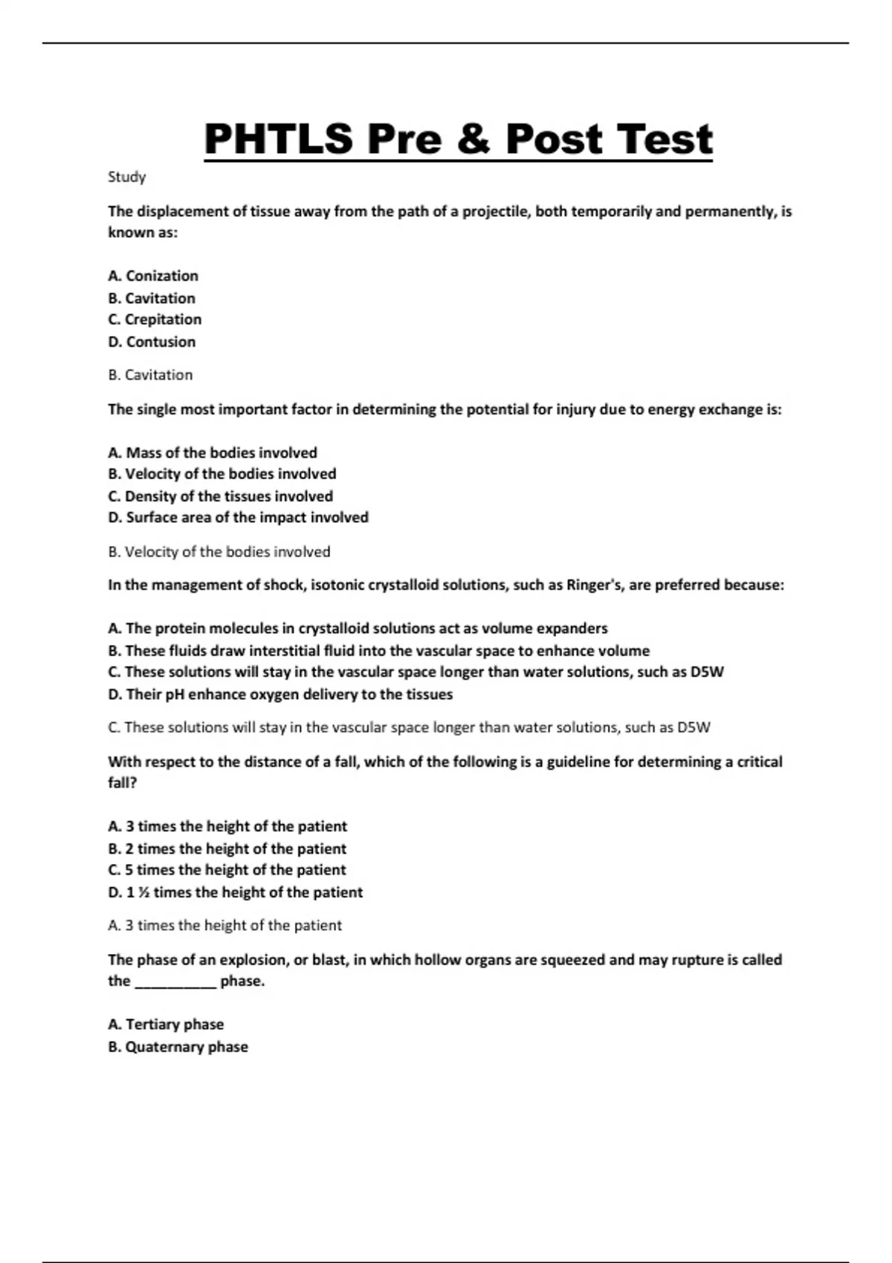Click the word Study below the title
(x=126, y=177)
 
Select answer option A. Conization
(x=153, y=276)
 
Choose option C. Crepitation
(x=155, y=319)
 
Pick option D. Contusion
(x=152, y=342)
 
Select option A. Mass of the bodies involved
(x=213, y=452)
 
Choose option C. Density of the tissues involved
(x=220, y=496)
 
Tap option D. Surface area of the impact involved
(x=238, y=517)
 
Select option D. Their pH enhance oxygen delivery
(x=280, y=694)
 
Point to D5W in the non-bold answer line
(x=694, y=727)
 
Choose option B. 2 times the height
(x=227, y=848)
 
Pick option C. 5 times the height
(x=227, y=869)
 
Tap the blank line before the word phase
(x=175, y=982)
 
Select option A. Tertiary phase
(x=166, y=1024)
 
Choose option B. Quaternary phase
(x=178, y=1046)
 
